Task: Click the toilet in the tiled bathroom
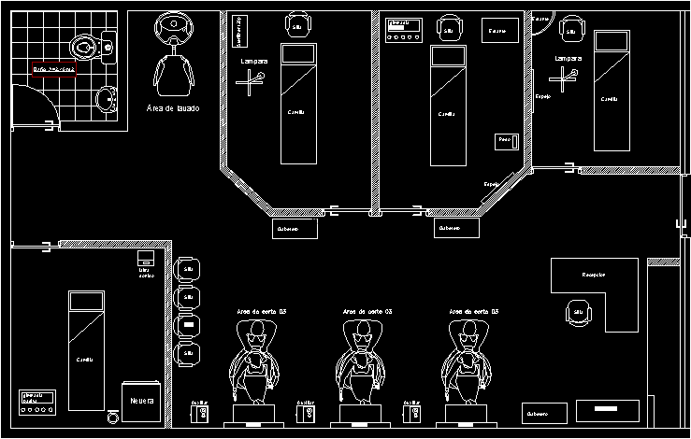click(x=85, y=45)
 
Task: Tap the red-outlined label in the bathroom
click(x=53, y=70)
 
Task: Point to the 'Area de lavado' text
click(x=173, y=108)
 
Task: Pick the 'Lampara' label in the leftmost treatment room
click(x=254, y=61)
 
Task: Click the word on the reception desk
click(x=594, y=275)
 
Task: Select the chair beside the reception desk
click(x=578, y=311)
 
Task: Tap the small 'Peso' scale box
click(x=505, y=140)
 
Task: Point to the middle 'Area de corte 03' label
click(x=367, y=311)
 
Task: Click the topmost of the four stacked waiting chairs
click(x=188, y=269)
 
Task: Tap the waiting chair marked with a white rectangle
click(x=188, y=325)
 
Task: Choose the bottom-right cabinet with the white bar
click(x=607, y=409)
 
